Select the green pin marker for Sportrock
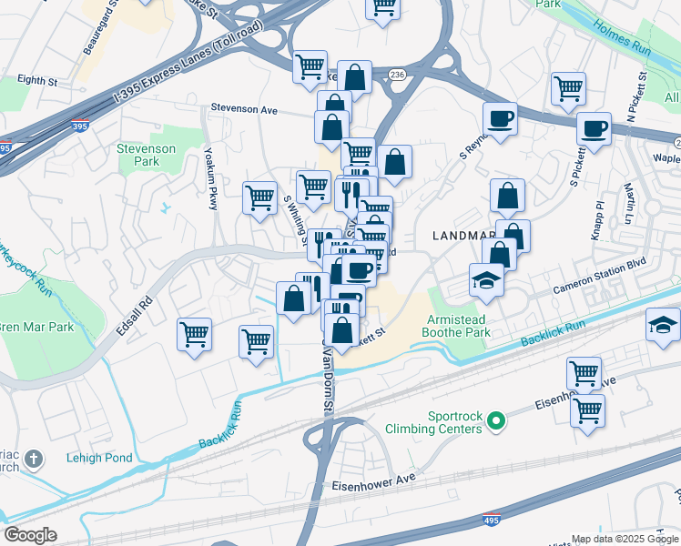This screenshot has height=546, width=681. click(495, 420)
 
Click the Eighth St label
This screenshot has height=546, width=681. click(37, 81)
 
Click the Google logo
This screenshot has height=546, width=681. click(31, 535)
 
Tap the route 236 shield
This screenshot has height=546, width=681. click(396, 74)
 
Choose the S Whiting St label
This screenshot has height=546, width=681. click(294, 216)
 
